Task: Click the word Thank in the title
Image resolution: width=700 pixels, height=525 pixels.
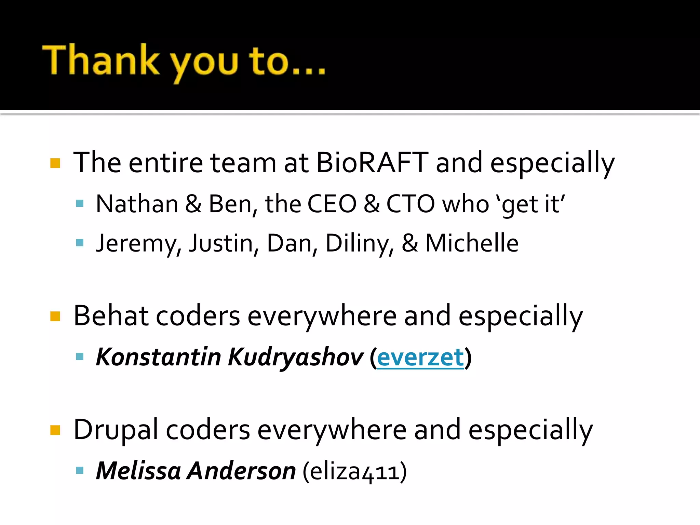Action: point(101,60)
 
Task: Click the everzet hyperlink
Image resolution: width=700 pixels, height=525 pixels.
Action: point(420,357)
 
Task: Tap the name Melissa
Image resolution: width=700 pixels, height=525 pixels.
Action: point(138,471)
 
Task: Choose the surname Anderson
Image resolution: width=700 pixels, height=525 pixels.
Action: point(242,471)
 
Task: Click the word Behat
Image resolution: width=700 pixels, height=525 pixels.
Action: point(111,316)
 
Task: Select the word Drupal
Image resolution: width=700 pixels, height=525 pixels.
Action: point(116,430)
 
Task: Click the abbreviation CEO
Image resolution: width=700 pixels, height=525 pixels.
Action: point(332,204)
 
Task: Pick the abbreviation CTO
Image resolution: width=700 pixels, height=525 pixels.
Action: point(410,204)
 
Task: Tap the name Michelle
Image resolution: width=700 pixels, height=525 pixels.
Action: point(472,243)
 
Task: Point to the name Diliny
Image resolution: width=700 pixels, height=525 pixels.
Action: point(357,244)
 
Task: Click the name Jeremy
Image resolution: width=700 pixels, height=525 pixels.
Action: point(136,244)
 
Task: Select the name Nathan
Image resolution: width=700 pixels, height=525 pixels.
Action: point(137,204)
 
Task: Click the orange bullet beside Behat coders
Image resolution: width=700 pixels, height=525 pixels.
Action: point(55,316)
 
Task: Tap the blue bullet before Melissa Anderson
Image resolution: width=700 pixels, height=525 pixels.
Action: point(80,471)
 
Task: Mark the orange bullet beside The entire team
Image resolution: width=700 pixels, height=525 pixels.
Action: point(55,163)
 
